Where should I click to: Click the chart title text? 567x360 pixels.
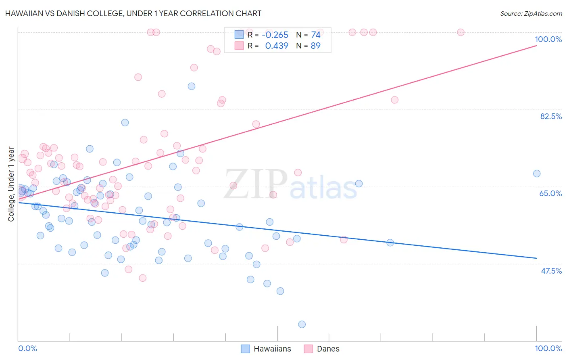(133, 13)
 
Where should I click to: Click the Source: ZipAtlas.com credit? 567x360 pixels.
(531, 13)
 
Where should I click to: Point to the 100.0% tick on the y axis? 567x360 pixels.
(548, 39)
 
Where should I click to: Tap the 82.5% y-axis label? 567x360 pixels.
(550, 116)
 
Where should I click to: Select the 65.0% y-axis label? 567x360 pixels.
(550, 193)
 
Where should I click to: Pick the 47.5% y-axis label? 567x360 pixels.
(551, 271)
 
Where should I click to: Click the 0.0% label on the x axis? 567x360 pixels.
(27, 348)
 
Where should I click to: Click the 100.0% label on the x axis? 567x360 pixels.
(548, 348)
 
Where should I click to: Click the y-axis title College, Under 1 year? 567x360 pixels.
(11, 184)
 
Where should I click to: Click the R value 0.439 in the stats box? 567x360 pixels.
(277, 46)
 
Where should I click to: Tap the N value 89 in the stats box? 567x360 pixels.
(315, 46)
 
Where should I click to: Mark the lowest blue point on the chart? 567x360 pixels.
(302, 324)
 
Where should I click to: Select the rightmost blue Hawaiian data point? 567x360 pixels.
(537, 174)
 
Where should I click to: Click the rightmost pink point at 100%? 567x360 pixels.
(461, 32)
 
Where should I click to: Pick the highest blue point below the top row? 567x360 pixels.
(192, 86)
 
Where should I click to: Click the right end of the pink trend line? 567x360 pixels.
(536, 46)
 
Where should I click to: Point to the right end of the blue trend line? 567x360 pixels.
(536, 258)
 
